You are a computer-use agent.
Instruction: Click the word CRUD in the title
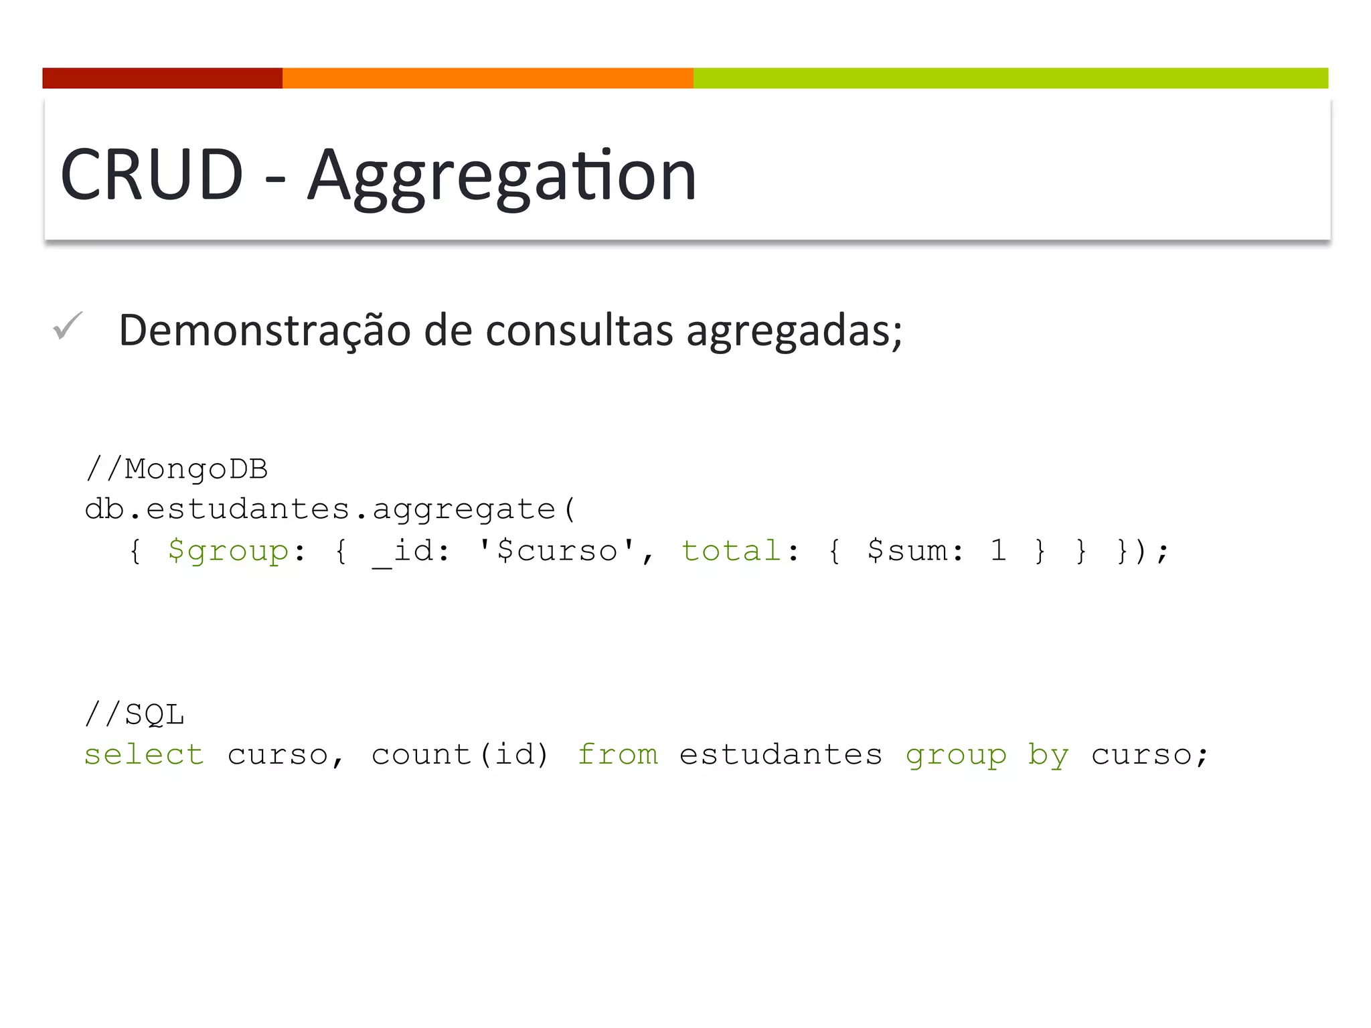pyautogui.click(x=151, y=175)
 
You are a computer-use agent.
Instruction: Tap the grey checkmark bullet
pyautogui.click(x=68, y=326)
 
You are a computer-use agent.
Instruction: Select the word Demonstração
pyautogui.click(x=264, y=331)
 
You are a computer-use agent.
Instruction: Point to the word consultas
pyautogui.click(x=579, y=331)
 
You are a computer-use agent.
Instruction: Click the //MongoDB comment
pyautogui.click(x=177, y=469)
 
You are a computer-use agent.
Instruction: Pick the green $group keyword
pyautogui.click(x=228, y=551)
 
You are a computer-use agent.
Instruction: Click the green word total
pyautogui.click(x=731, y=551)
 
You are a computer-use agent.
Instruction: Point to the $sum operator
pyautogui.click(x=915, y=551)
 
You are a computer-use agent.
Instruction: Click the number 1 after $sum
pyautogui.click(x=998, y=551)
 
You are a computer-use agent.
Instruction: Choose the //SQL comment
pyautogui.click(x=135, y=714)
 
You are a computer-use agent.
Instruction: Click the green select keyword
pyautogui.click(x=144, y=755)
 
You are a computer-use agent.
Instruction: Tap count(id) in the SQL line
pyautogui.click(x=460, y=755)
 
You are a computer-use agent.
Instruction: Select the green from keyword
pyautogui.click(x=618, y=755)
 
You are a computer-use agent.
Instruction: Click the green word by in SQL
pyautogui.click(x=1048, y=756)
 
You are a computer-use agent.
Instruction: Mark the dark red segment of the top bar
pyautogui.click(x=162, y=78)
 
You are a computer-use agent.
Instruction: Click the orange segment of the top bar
pyautogui.click(x=487, y=78)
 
